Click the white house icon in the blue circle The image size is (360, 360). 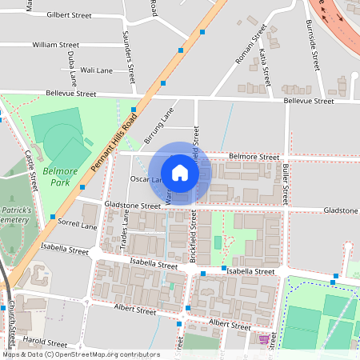point(180,172)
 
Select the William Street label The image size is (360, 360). point(56,46)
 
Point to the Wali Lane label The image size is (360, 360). point(97,70)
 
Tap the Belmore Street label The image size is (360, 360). point(254,157)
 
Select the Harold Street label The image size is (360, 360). point(46,340)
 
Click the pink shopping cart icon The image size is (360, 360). point(264,340)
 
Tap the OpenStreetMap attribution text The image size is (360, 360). point(80,354)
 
